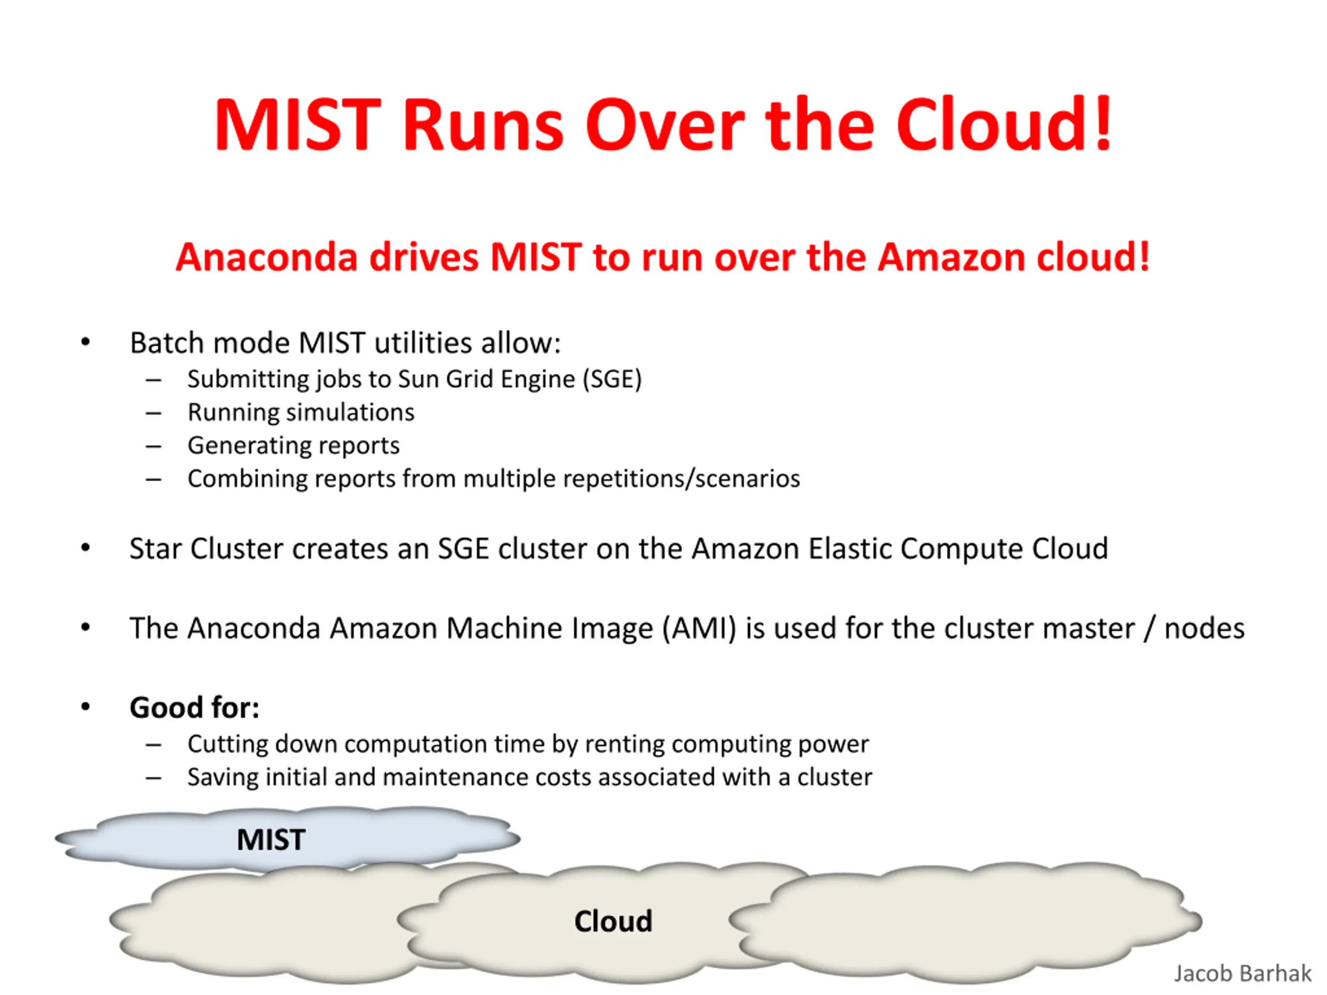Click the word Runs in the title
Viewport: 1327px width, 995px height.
pos(483,125)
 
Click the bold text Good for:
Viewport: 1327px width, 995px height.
pos(194,708)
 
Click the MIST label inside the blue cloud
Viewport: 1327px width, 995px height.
pos(271,840)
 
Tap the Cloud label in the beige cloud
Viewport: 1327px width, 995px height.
pos(613,921)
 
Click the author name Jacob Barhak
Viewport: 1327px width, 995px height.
pos(1242,973)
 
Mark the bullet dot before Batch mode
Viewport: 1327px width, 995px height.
pos(86,342)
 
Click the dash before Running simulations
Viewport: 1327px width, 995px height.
pos(153,413)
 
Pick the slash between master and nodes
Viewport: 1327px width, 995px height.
pos(1149,629)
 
